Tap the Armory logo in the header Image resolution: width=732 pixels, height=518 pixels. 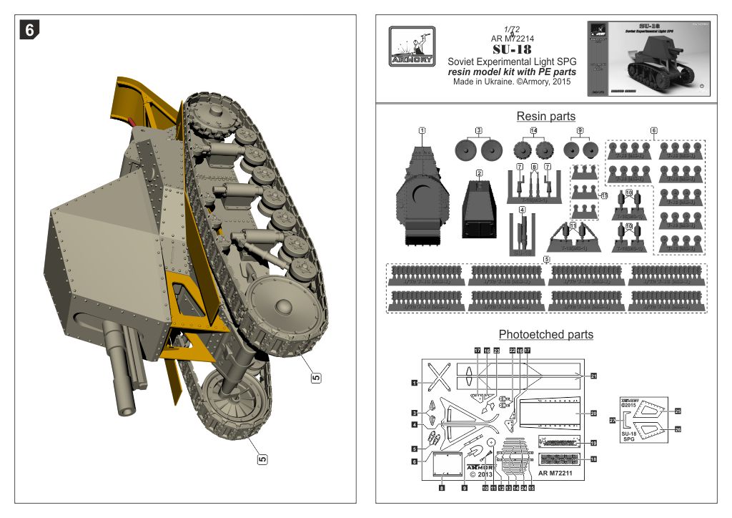tap(412, 47)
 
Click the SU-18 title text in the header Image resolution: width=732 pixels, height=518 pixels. tap(511, 49)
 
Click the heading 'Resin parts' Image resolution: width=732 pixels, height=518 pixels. tap(545, 116)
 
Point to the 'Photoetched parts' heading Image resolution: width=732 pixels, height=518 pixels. tap(545, 334)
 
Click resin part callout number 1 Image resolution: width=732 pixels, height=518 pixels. tap(422, 131)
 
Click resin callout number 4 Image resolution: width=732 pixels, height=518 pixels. tap(523, 210)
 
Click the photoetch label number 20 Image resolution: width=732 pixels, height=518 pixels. tap(593, 414)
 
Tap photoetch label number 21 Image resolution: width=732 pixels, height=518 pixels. tap(593, 376)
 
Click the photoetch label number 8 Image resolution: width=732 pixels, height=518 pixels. tap(442, 488)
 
